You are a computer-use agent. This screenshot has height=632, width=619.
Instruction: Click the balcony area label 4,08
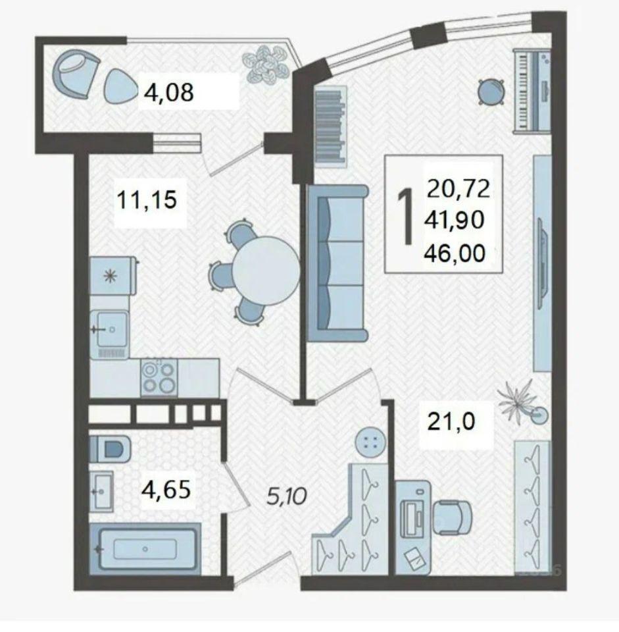coord(169,92)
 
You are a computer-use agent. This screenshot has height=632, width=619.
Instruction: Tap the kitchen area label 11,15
coord(147,199)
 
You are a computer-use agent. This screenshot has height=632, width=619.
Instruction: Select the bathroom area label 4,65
coord(166,489)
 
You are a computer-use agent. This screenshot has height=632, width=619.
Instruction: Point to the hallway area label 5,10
coord(287,496)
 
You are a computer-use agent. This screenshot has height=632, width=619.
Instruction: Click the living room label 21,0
coord(451,421)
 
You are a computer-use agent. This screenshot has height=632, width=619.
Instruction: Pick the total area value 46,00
coord(455,253)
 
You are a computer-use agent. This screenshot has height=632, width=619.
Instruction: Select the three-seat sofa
coord(337,263)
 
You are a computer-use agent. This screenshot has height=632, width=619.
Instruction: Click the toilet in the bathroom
coord(110,448)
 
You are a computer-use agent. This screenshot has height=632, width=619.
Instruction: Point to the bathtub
coord(145,549)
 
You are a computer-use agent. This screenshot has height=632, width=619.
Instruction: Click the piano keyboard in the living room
coord(532,91)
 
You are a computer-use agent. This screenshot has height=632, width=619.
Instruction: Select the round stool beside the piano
coord(491,92)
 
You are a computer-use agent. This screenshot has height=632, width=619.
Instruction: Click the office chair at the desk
coord(453,517)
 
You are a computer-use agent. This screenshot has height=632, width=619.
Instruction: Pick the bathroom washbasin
coord(101,492)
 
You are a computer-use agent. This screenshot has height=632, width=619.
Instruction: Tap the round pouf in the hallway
coord(370,442)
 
